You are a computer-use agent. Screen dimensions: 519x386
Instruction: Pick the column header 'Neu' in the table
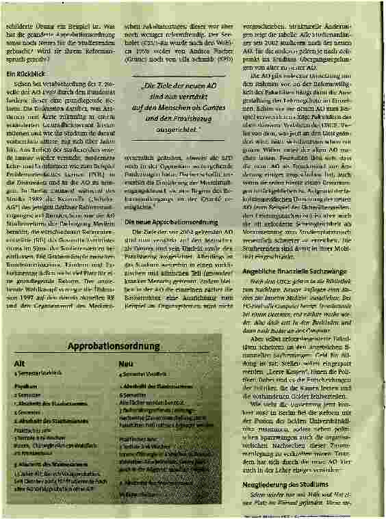126,365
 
